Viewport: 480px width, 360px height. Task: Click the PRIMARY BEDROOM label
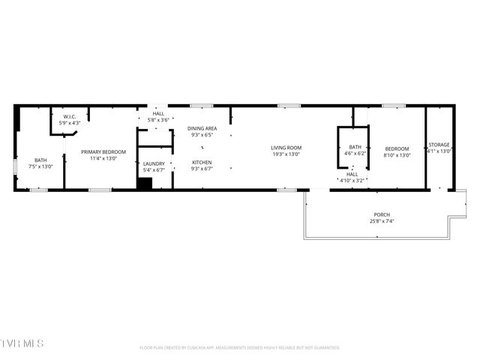(x=103, y=152)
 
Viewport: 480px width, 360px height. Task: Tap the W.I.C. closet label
(x=69, y=117)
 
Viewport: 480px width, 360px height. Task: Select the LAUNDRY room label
(x=154, y=163)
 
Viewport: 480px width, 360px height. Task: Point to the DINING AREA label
(x=202, y=129)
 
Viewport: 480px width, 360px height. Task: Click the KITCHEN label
(x=202, y=163)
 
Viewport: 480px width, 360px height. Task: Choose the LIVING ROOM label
(x=286, y=148)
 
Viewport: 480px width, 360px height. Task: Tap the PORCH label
(x=382, y=215)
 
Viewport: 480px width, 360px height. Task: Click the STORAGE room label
(x=439, y=145)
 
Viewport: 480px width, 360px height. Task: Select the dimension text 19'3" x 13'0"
(x=286, y=154)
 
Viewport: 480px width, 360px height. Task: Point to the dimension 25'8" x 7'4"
(x=382, y=222)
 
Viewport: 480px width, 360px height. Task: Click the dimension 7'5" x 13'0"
(x=40, y=166)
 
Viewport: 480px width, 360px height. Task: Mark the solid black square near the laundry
(x=144, y=184)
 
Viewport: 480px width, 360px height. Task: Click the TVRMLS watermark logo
(x=22, y=343)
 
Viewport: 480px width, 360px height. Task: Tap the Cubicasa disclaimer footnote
(x=240, y=348)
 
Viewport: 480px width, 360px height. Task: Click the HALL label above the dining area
(x=158, y=113)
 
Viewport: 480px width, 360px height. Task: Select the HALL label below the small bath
(x=352, y=174)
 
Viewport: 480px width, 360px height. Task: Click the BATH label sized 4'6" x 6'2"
(x=355, y=147)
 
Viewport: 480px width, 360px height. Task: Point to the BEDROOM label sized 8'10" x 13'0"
(x=397, y=148)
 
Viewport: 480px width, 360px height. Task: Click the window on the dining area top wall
(x=200, y=106)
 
